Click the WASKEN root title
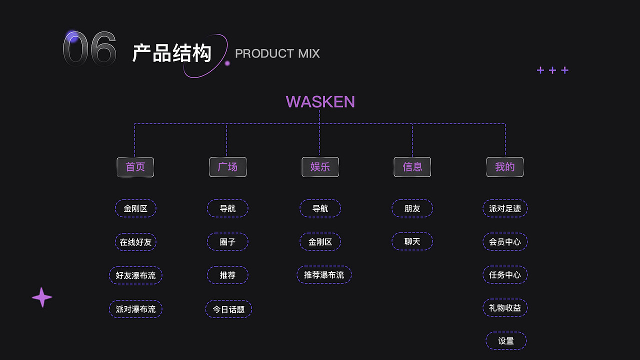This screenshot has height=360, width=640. [320, 101]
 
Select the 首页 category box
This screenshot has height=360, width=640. [135, 167]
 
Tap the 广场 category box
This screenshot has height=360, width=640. [227, 167]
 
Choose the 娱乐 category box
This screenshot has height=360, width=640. [320, 167]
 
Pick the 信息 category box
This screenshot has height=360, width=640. [412, 167]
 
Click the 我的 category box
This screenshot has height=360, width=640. [505, 167]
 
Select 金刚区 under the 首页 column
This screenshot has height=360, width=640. [135, 208]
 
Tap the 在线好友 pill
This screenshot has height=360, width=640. [135, 242]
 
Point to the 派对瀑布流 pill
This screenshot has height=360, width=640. [135, 309]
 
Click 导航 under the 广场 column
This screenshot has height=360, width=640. [227, 208]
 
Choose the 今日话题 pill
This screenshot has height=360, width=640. [228, 309]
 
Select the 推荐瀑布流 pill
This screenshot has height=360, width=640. [324, 275]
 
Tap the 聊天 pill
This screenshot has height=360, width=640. [412, 241]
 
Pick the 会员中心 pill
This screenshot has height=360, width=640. [505, 242]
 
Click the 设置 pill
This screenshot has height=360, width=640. [506, 341]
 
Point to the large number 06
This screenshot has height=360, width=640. [89, 49]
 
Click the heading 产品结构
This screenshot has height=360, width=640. [172, 53]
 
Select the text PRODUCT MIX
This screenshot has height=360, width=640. [277, 53]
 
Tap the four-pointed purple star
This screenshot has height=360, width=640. [42, 297]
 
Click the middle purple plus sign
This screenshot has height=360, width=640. [552, 70]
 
